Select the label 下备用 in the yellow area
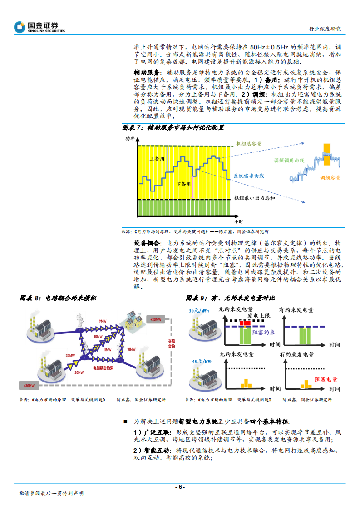(183, 184)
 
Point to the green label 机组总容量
(249, 143)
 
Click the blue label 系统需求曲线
(249, 175)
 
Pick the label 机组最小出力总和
(255, 198)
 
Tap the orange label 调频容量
(330, 178)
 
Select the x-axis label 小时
(239, 221)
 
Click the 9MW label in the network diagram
(102, 321)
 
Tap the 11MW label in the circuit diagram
(107, 350)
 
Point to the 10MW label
(131, 349)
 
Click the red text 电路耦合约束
(102, 368)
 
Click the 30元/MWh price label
(198, 311)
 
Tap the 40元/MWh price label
(198, 362)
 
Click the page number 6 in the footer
(180, 487)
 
